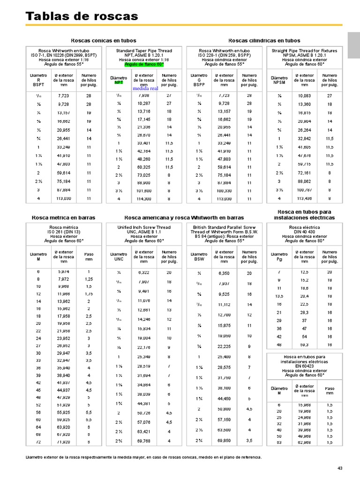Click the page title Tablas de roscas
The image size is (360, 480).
pos(82,17)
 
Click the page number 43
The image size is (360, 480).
pos(340,468)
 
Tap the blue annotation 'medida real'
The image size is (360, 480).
pos(145,88)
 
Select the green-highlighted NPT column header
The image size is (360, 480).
pos(119,82)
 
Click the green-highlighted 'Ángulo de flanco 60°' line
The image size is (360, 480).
pos(144,64)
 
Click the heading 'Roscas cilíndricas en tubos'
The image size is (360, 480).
pos(264,41)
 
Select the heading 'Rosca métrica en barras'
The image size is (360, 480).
pos(63,217)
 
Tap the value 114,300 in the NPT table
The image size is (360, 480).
pos(144,199)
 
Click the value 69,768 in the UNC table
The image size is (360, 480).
pos(144,441)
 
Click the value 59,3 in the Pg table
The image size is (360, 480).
pos(304,344)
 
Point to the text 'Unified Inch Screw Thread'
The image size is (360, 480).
pos(144,227)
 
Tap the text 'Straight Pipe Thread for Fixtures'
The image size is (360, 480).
pos(305,51)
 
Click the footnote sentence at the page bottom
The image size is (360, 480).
pos(143,457)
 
